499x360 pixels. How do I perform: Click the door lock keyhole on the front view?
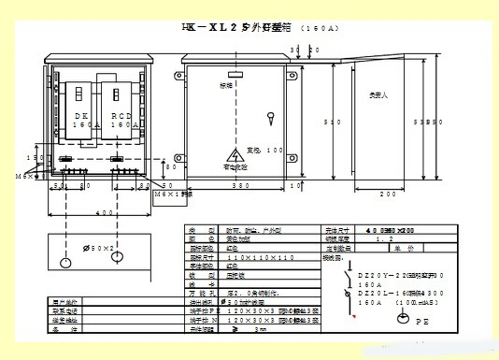pos(271,118)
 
